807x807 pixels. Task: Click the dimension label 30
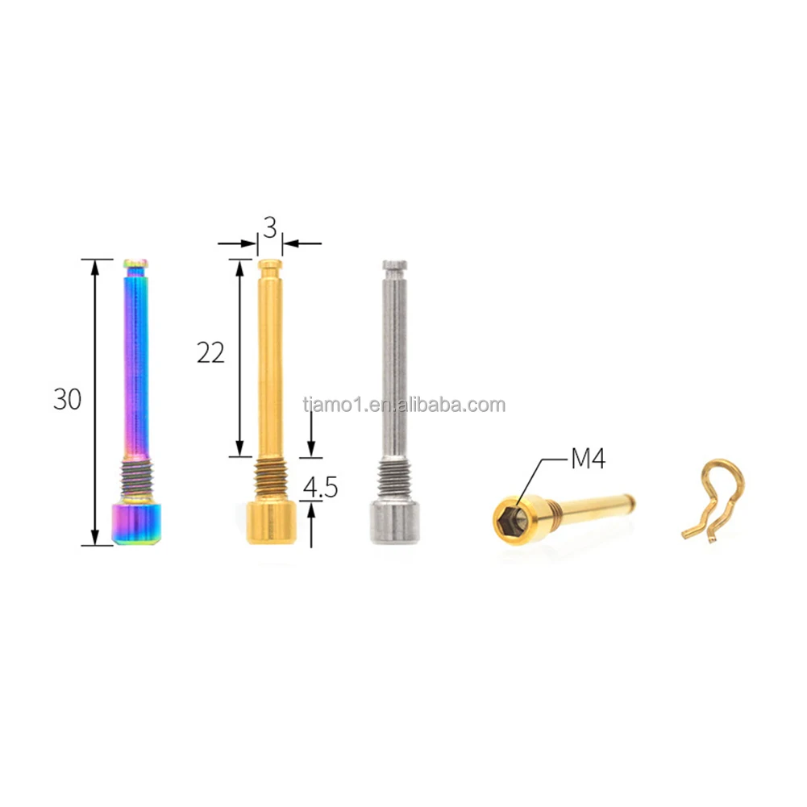[x=68, y=399]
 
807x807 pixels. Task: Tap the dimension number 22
[x=210, y=352]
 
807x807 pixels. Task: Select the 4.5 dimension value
[x=320, y=488]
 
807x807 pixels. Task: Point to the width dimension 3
[x=270, y=228]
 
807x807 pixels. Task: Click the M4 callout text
[x=588, y=460]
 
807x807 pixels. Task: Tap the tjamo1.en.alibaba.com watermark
[x=404, y=405]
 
